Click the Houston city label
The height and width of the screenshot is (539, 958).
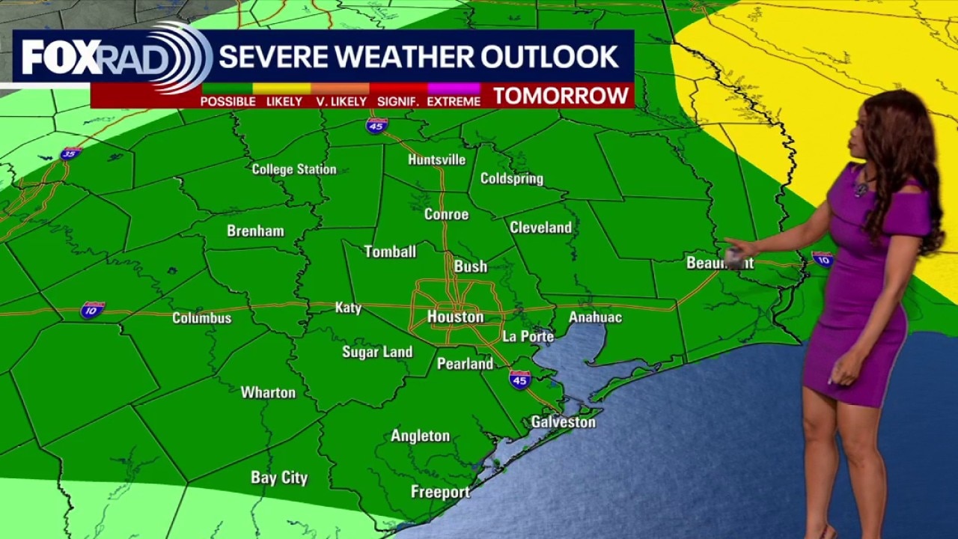[455, 317]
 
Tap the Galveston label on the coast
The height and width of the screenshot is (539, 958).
[563, 422]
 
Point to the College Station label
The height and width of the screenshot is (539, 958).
[293, 169]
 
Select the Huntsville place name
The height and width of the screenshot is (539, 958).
[436, 159]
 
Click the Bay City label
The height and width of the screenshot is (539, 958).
[279, 478]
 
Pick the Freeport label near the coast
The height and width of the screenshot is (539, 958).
[440, 492]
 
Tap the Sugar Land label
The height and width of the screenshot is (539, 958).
[377, 352]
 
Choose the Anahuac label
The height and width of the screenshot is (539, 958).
[595, 317]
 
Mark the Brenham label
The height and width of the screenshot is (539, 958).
[255, 231]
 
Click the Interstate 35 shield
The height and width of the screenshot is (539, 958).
[70, 153]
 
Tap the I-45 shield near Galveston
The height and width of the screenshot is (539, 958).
[519, 379]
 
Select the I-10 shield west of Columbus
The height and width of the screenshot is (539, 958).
[92, 309]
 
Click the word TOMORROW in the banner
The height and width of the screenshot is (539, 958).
[561, 96]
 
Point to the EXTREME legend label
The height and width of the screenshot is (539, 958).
[454, 101]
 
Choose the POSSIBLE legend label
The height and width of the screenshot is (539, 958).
[228, 101]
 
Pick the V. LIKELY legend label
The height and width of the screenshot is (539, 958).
[341, 101]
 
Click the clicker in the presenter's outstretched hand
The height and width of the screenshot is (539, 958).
[733, 258]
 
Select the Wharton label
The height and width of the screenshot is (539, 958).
[267, 392]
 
